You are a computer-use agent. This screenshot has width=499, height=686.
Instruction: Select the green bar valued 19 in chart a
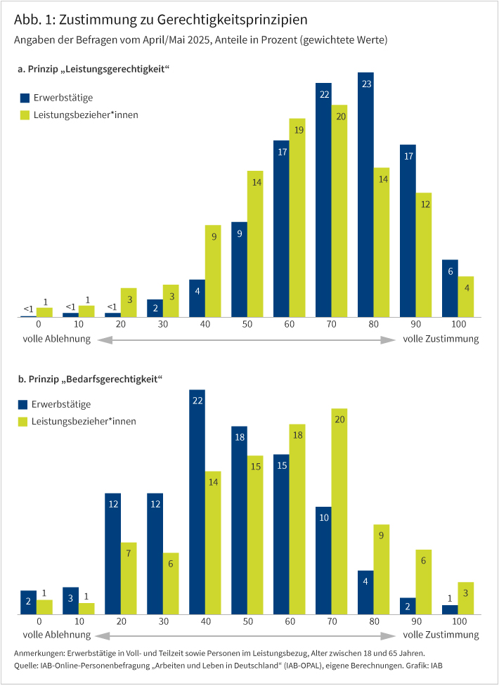297,218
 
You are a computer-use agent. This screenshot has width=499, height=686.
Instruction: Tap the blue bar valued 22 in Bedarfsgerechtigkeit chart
197,502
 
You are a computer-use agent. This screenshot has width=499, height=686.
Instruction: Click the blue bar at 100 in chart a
450,288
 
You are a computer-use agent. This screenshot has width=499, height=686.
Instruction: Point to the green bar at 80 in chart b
382,569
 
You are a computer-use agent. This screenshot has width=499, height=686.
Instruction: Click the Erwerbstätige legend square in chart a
25,98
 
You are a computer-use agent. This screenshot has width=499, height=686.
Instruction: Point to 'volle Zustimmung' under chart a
441,339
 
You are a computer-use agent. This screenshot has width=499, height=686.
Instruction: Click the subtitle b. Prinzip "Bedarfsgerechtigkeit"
90,379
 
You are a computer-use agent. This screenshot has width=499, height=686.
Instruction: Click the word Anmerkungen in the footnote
39,654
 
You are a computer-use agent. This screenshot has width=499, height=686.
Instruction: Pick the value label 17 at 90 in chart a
408,157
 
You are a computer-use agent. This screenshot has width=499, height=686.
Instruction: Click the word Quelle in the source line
27,665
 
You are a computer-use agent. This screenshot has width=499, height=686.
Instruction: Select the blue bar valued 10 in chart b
323,560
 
